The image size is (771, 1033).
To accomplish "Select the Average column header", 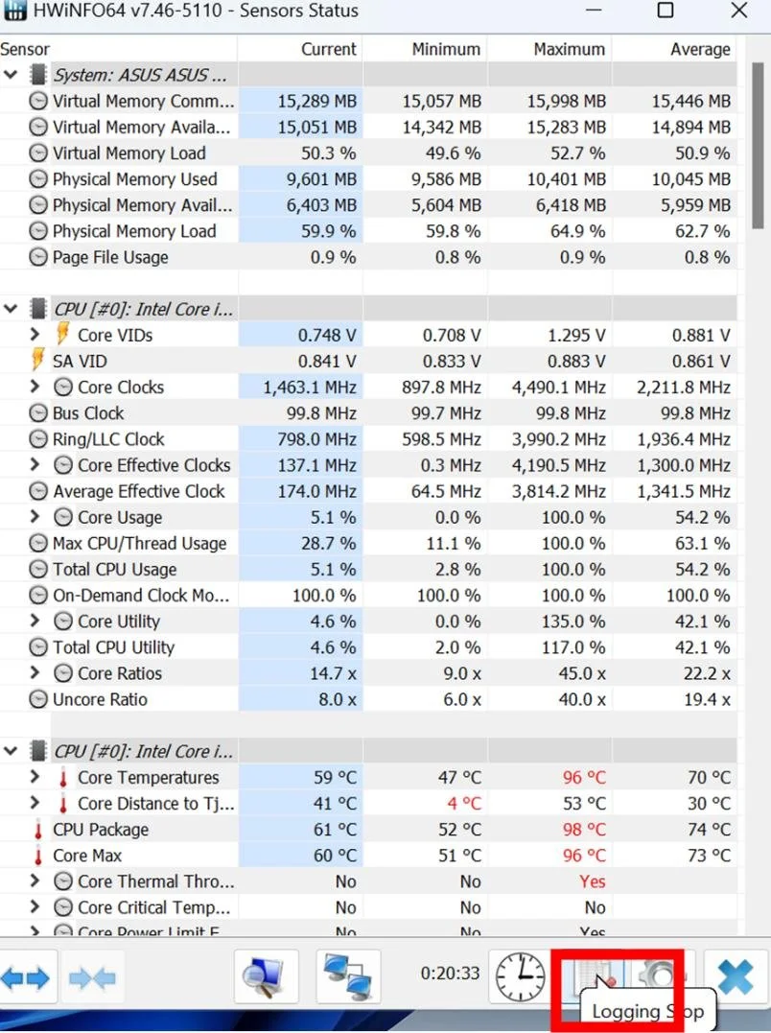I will (699, 49).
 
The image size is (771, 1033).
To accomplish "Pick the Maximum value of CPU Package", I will (583, 830).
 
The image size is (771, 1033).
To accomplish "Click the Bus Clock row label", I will (88, 413).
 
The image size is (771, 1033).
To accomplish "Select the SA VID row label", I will (80, 362).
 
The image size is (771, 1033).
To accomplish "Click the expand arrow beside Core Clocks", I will (35, 387).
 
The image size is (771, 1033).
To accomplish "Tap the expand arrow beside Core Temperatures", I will (35, 778).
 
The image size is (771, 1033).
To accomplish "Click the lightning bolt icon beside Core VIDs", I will (63, 335).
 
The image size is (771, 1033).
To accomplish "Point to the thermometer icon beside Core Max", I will (38, 857).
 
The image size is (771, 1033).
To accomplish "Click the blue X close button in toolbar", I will (736, 977).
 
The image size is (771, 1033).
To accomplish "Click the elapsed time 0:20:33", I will (450, 974).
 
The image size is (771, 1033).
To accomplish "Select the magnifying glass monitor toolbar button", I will (267, 977).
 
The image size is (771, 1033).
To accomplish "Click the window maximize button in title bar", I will (665, 12).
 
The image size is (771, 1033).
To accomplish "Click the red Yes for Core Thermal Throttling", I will (593, 882).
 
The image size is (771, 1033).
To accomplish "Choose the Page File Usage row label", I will (110, 257).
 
